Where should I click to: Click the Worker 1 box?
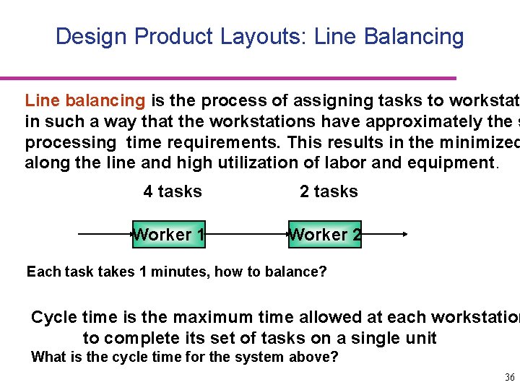169,234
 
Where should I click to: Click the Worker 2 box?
325,234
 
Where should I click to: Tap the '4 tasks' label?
173,191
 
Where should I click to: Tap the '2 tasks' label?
329,191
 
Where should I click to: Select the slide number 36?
509,378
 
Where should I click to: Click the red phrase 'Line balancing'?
85,101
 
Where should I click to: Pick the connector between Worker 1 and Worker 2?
247,234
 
